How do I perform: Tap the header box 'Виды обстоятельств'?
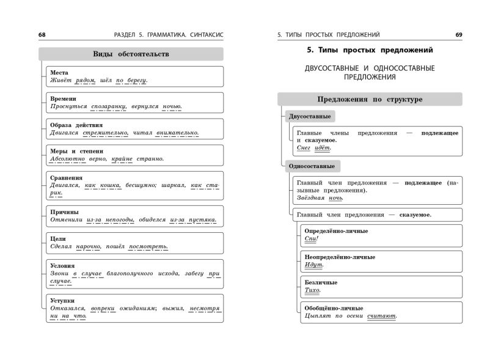pyautogui.click(x=131, y=54)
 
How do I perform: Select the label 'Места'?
pyautogui.click(x=59, y=72)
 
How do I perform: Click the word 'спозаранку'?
pyautogui.click(x=108, y=106)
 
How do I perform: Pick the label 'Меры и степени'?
pyautogui.click(x=76, y=150)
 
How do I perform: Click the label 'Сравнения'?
pyautogui.click(x=67, y=177)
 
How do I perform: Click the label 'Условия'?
pyautogui.click(x=62, y=266)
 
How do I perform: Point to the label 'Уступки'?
pyautogui.click(x=62, y=300)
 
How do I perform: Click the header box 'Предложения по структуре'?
pyautogui.click(x=370, y=99)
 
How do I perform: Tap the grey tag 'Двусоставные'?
pyautogui.click(x=310, y=116)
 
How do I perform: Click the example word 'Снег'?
pyautogui.click(x=304, y=148)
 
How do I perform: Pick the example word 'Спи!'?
pyautogui.click(x=312, y=238)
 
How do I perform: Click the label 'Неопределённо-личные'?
pyautogui.click(x=339, y=257)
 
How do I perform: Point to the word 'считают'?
pyautogui.click(x=382, y=316)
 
